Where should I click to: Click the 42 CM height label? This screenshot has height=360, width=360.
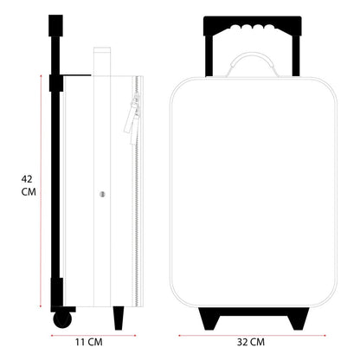[27, 186]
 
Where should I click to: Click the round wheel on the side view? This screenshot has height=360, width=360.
[62, 319]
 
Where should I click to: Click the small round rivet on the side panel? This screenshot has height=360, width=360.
[102, 194]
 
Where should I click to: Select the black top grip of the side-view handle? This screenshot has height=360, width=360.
[55, 26]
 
